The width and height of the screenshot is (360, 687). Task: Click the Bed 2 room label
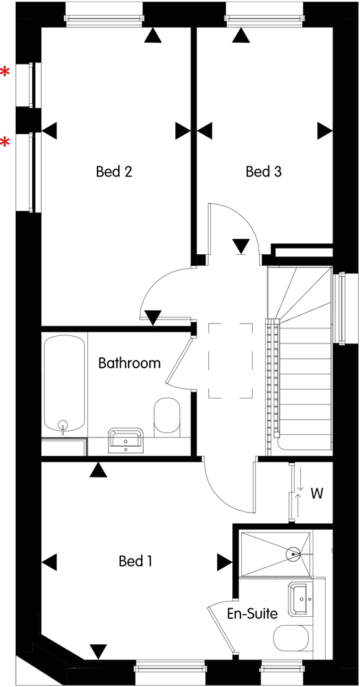114,171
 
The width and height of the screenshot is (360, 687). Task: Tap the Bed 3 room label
263,171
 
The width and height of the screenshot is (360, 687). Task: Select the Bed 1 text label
135,561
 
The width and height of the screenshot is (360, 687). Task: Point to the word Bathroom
129,363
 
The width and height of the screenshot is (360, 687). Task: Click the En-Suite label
252,613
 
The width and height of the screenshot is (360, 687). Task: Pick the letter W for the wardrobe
317,493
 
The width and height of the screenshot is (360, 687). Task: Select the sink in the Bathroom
126,440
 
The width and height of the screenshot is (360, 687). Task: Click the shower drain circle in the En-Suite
292,554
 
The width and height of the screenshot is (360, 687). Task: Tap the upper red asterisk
5,72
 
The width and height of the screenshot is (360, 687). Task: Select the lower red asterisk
5,142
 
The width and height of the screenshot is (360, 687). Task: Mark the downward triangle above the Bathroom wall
153,317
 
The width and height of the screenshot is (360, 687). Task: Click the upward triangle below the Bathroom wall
98,470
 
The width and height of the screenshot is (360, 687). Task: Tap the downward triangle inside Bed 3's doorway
241,247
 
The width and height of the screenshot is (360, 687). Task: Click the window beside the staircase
339,308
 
